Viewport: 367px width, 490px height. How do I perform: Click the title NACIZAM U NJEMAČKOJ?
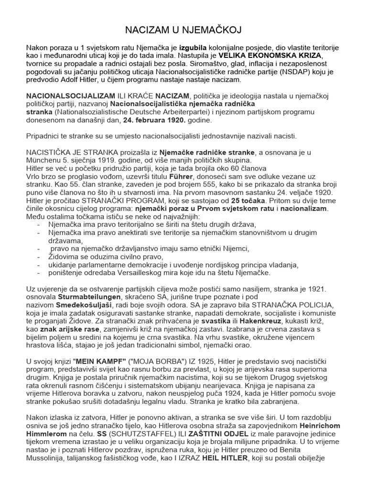pyautogui.click(x=183, y=31)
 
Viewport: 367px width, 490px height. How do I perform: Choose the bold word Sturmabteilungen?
pyautogui.click(x=86, y=297)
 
